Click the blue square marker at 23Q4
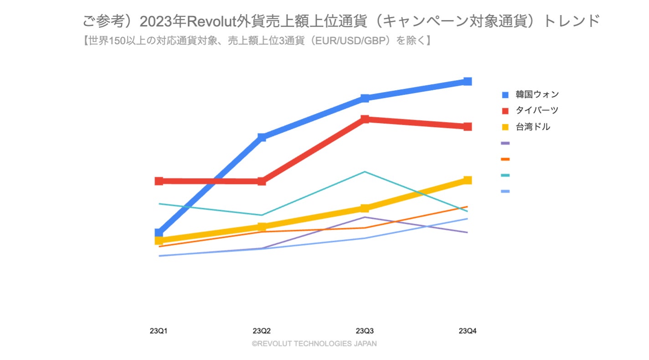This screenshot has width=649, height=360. (468, 82)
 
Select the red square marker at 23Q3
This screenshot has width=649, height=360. (365, 119)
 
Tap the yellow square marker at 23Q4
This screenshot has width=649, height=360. (468, 180)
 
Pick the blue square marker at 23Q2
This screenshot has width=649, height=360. (262, 137)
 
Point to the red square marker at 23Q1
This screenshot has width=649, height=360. (159, 181)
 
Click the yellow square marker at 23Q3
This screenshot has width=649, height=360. (365, 208)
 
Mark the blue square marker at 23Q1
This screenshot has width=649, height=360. (159, 233)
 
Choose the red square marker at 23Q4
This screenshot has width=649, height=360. (468, 127)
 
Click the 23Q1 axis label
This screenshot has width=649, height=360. (159, 331)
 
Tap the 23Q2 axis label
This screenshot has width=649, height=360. (262, 331)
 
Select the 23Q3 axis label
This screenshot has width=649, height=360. (365, 331)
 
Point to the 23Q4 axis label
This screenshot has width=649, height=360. (468, 331)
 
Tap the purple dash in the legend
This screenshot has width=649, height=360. (505, 143)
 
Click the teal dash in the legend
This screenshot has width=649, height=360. (505, 175)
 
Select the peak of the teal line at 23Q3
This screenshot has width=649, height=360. (365, 172)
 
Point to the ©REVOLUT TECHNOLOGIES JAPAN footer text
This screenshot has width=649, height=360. (314, 344)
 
